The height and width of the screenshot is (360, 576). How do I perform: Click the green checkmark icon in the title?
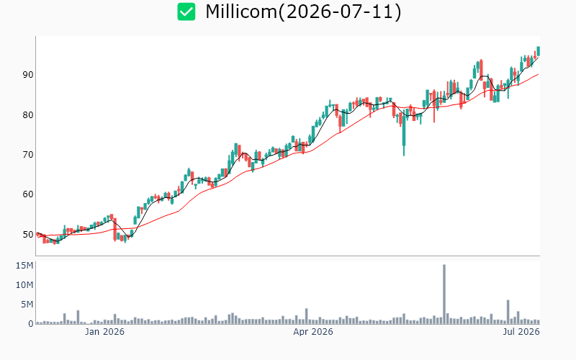point(186,12)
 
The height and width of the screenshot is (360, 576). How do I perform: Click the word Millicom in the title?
point(241,12)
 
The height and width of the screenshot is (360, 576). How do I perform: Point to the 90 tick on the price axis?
point(28,75)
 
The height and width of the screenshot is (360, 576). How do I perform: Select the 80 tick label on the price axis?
point(28,115)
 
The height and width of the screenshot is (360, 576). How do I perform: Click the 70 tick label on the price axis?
point(28,155)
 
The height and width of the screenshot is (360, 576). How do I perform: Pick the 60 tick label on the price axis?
point(28,194)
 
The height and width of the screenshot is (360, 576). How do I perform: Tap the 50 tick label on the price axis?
point(28,235)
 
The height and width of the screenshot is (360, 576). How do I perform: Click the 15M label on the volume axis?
point(24,266)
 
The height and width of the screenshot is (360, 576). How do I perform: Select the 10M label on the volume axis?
point(24,285)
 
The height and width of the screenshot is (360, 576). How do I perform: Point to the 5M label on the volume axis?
point(27,305)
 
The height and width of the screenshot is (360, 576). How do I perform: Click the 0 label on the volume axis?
point(31,324)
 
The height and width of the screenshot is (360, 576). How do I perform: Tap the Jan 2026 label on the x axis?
point(104,332)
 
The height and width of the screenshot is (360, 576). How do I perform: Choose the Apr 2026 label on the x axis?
point(313,332)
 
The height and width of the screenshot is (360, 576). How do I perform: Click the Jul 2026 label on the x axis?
point(521,332)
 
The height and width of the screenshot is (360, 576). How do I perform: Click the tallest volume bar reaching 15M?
point(444,294)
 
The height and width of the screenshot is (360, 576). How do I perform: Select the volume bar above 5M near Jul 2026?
point(508,312)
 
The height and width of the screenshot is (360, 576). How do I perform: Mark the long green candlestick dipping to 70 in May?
point(404,133)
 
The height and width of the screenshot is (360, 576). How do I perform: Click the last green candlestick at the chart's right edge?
point(538,50)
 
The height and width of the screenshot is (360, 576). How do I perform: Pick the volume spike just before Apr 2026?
point(307,316)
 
